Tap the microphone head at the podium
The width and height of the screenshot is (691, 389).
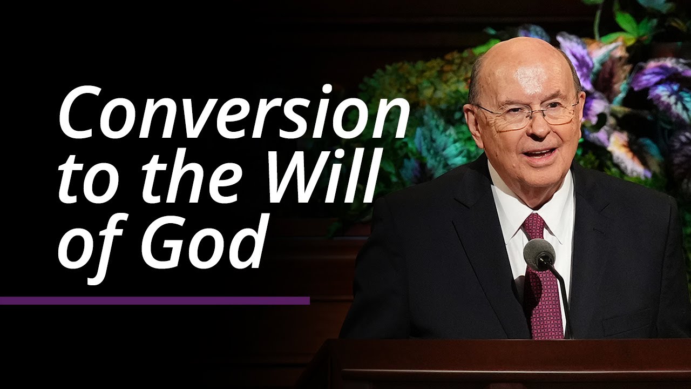tap(539, 254)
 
